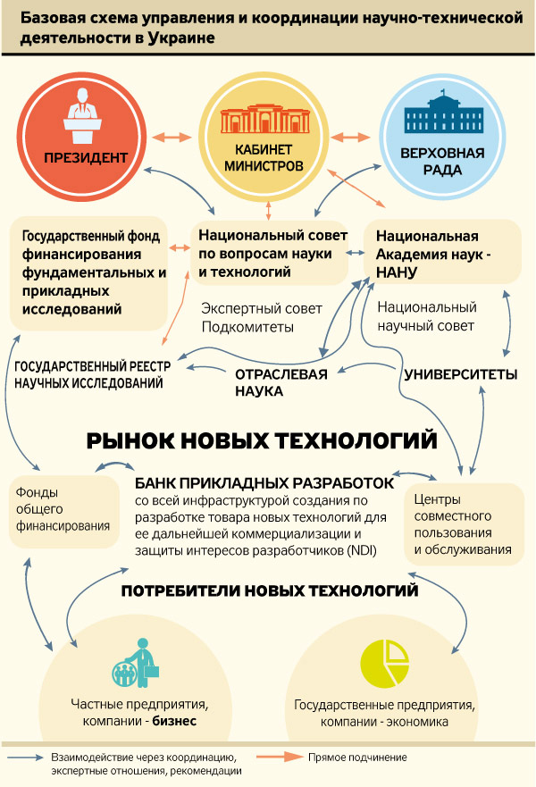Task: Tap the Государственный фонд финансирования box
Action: [x=88, y=272]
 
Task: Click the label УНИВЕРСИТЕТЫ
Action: [x=460, y=374]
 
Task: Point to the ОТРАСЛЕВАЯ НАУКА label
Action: [x=281, y=382]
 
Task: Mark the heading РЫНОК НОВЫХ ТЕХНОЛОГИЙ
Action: [x=261, y=440]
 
